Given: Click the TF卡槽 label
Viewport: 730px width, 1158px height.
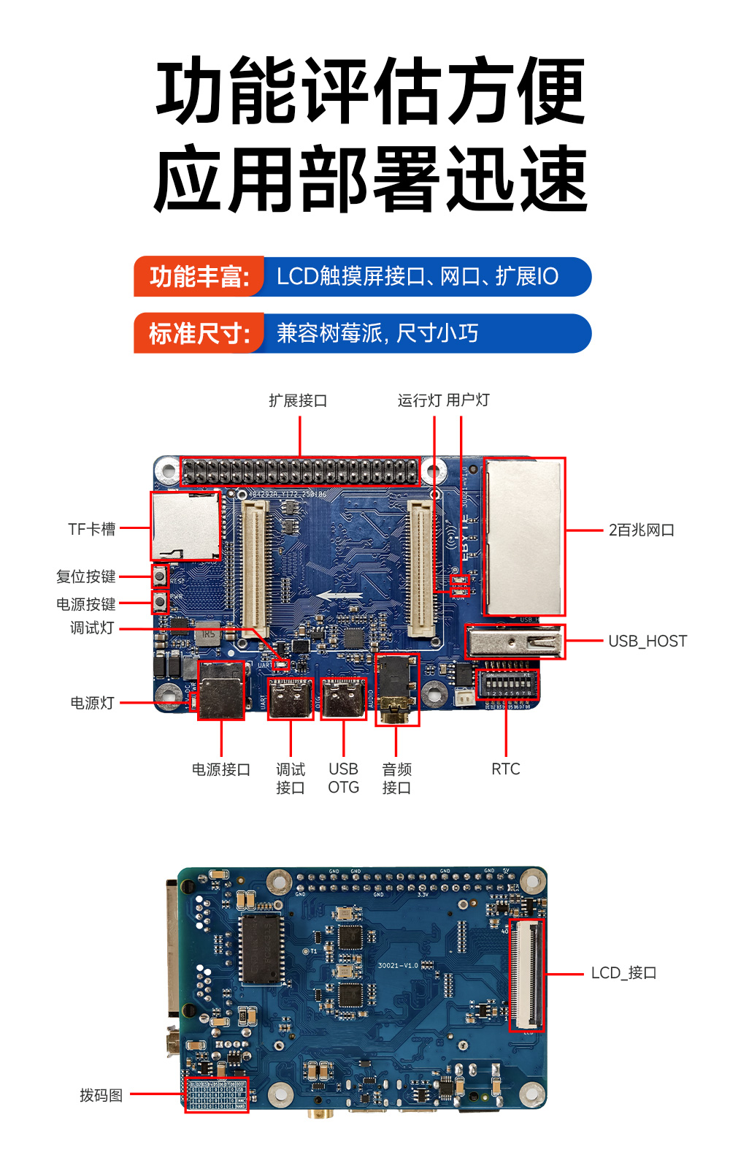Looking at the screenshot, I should coord(91,529).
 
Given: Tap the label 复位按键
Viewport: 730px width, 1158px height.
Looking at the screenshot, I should coord(86,576).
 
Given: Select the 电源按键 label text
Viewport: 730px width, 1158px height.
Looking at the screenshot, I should coord(86,604).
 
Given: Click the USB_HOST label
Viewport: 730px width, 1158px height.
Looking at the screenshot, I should coord(648,641).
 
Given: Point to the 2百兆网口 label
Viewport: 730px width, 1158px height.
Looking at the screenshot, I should coord(642,530).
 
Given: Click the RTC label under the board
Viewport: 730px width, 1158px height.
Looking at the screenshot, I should coord(505,769).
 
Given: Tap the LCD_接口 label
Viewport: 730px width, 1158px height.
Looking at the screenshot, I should coord(623,972).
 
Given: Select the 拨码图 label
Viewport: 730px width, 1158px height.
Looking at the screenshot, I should coord(101,1095).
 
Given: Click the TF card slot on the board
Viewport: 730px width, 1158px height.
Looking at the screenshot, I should coord(185,526).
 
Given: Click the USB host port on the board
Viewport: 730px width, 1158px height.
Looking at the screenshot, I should coord(515,642).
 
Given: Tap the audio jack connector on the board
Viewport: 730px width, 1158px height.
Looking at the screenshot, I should coord(397,689).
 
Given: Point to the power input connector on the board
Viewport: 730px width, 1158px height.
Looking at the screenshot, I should coord(221,690).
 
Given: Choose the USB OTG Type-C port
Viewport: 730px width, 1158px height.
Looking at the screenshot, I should coord(343,698).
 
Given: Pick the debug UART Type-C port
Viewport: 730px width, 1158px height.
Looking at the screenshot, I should coord(291,698).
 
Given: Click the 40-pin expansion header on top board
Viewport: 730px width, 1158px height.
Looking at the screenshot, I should coord(300,471).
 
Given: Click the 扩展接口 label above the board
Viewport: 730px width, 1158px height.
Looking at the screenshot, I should coord(298,400).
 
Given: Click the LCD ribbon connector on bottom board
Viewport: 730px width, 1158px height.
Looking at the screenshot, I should coord(526,975).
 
